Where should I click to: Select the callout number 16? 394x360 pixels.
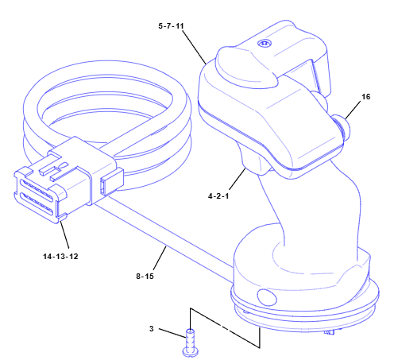pos(366,97)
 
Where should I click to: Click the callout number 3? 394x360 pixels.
pos(152,328)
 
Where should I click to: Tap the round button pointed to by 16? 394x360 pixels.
pos(343,126)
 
